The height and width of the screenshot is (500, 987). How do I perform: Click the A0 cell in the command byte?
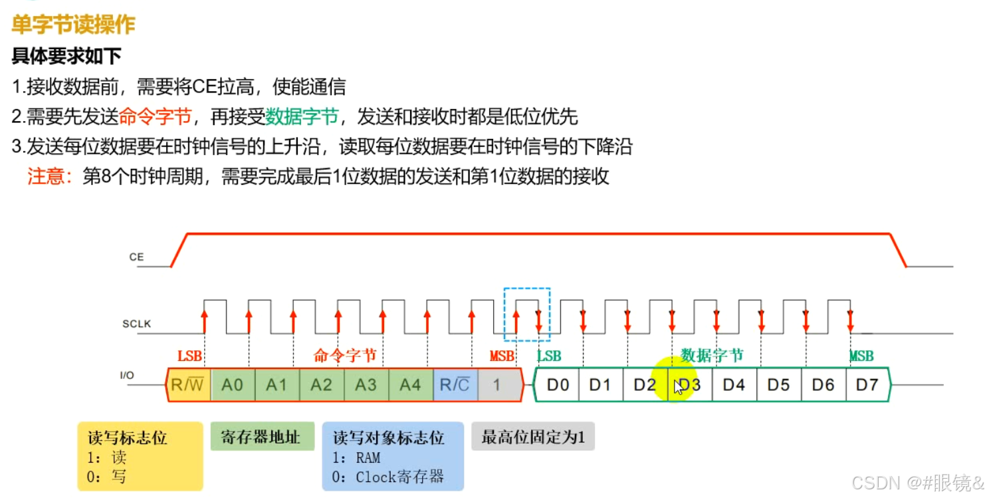[x=233, y=385]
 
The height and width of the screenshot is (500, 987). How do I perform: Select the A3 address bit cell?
[x=366, y=385]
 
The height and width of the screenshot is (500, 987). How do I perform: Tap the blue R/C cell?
[x=455, y=385]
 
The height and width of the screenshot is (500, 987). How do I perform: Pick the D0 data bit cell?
[x=557, y=385]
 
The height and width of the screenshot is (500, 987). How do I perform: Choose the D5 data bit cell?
[x=778, y=385]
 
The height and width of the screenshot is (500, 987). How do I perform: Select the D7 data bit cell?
[x=867, y=385]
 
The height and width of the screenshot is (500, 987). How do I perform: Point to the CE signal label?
[x=136, y=257]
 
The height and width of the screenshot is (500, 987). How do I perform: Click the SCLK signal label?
[x=136, y=324]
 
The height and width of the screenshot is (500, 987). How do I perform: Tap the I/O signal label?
[x=127, y=376]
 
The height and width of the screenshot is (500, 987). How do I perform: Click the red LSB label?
[x=189, y=356]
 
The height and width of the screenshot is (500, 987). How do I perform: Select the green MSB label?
[x=861, y=356]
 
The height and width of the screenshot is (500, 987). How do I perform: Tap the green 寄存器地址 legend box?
[x=262, y=437]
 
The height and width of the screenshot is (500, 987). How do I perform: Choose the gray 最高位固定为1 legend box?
[x=532, y=437]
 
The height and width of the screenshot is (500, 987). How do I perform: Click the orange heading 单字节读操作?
[x=73, y=25]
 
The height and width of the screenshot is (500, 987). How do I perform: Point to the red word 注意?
[x=48, y=176]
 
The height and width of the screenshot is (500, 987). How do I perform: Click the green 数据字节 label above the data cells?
[x=712, y=356]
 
